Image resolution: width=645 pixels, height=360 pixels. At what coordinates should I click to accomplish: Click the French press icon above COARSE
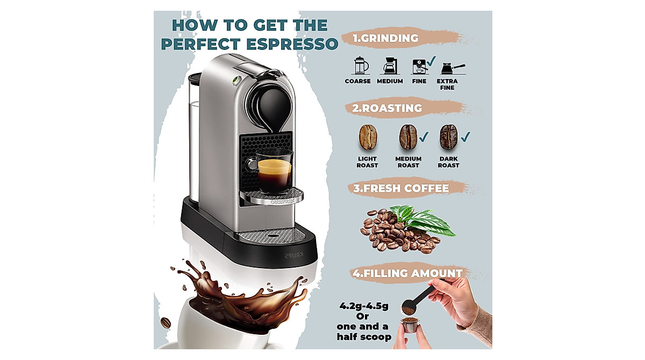[x=360, y=66]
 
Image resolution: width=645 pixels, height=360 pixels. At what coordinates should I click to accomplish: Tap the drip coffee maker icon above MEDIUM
[x=390, y=66]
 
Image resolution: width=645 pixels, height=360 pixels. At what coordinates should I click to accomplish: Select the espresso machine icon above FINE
[x=419, y=66]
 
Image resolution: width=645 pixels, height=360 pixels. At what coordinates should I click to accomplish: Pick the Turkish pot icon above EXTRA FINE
[x=450, y=68]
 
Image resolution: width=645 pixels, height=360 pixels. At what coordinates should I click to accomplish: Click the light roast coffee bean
[x=368, y=137]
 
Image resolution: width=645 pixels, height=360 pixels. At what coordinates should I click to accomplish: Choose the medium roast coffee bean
[x=407, y=137]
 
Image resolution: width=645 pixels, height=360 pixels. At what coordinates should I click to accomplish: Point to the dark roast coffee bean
[x=448, y=137]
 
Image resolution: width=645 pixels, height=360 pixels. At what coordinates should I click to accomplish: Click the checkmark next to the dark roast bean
[x=465, y=136]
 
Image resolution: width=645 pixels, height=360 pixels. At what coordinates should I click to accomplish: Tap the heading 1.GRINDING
[x=385, y=38]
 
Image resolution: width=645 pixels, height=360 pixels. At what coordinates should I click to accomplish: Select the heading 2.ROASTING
[x=387, y=108]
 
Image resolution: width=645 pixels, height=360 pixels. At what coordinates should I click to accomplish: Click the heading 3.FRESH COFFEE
[x=400, y=189]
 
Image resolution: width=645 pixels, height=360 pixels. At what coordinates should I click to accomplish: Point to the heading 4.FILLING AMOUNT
[x=407, y=273]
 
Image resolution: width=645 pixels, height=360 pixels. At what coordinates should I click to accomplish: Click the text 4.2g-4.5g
[x=363, y=306]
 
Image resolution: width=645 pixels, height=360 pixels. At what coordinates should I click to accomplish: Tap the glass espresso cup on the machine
[x=274, y=170]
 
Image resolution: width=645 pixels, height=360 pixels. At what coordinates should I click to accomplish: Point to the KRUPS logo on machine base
[x=294, y=255]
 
